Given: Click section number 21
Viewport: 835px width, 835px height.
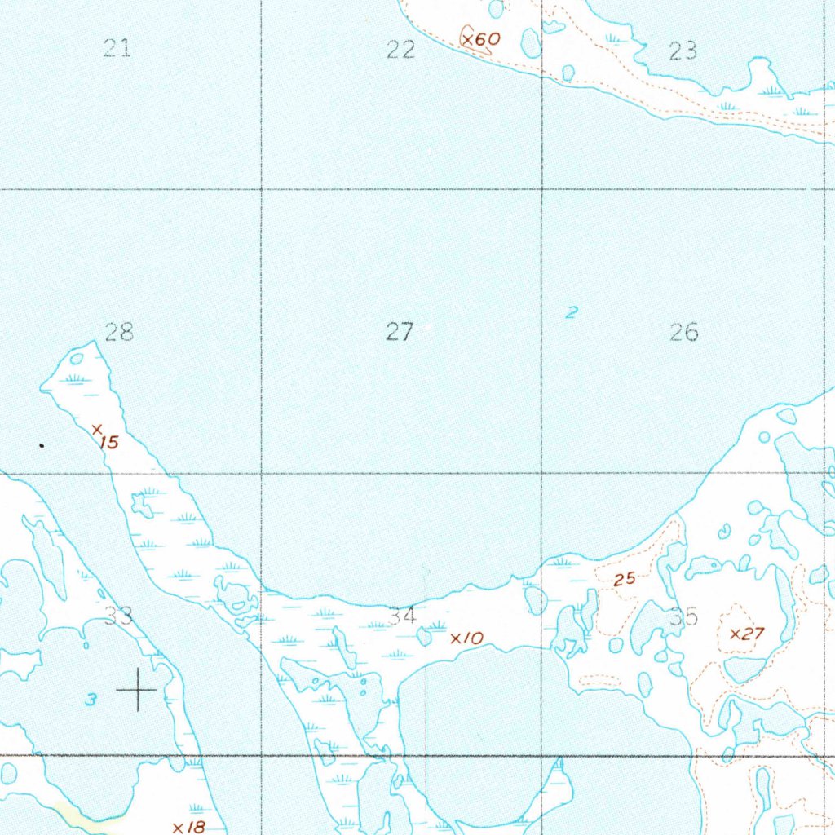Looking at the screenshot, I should coord(117,49).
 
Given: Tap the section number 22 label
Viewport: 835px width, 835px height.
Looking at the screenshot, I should coord(400,51).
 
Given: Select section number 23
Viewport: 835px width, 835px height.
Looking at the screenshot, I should coord(683,51).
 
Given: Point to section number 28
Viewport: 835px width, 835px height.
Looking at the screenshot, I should coord(119,332).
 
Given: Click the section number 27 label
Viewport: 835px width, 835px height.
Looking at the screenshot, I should coord(400,332).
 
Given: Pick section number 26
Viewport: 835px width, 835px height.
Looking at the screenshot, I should coord(683,332).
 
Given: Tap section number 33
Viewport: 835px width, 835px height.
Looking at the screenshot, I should coord(119,616).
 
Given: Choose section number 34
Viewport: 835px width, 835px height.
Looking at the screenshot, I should coord(402,616).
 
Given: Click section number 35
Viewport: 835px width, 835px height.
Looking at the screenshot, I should coord(683,617).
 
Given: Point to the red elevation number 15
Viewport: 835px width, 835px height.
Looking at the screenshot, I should coord(108,443).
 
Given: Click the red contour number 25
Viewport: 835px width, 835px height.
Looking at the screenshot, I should coord(625,580).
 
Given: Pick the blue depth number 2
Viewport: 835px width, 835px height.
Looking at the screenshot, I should coord(572,311).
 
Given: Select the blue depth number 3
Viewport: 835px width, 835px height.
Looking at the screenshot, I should coord(92,700).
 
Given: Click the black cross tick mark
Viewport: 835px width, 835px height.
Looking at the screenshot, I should coord(137,690).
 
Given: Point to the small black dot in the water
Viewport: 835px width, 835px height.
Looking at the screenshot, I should coord(42,446).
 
